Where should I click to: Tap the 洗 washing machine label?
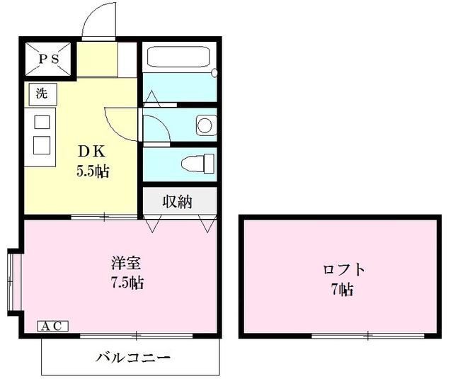pos(41,92)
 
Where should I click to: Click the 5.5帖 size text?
pos(93,170)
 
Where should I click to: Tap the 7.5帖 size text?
pos(127,283)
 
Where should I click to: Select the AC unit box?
pos(52,326)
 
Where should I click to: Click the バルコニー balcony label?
pos(133,357)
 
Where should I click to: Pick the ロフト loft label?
pos(344,270)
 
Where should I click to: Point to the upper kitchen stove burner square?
pos(42,121)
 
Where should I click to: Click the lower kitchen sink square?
pos(42,145)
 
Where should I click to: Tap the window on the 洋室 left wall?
pos(10,281)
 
